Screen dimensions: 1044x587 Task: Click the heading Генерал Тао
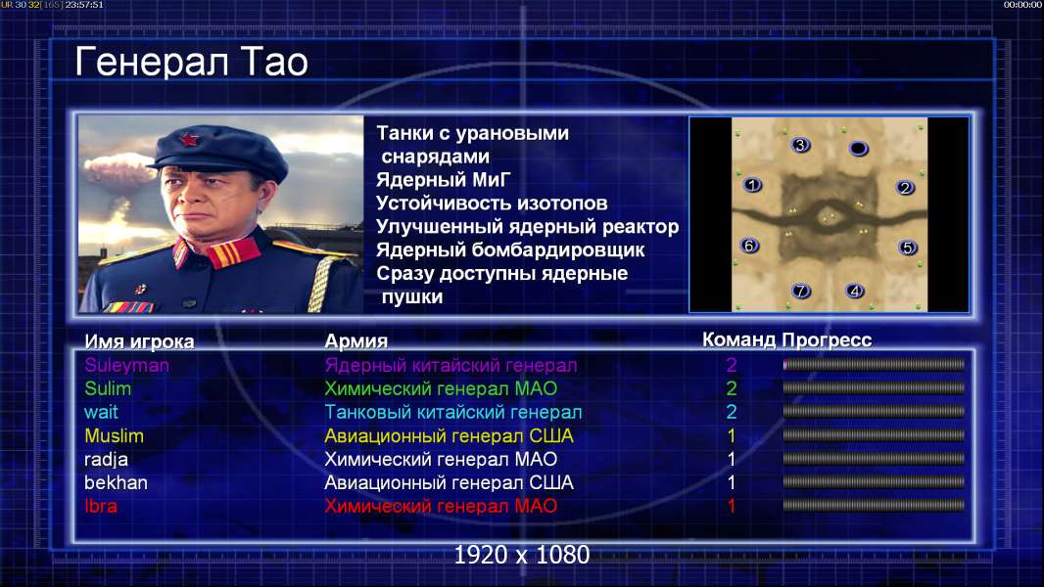point(191,63)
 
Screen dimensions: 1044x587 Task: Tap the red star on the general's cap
point(189,140)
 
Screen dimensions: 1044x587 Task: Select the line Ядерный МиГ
point(444,179)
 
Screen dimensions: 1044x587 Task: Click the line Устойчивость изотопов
point(492,203)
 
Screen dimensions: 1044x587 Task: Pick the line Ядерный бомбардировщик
point(510,249)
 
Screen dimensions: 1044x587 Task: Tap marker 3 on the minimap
point(800,145)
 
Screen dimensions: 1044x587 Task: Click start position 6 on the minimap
point(749,246)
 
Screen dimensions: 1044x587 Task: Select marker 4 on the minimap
point(855,291)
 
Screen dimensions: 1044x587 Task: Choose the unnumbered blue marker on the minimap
point(858,149)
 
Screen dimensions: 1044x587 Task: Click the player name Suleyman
point(126,366)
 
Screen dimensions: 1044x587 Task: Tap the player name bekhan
point(116,482)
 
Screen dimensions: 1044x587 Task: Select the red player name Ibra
point(101,506)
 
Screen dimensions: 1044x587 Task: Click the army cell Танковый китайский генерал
point(452,412)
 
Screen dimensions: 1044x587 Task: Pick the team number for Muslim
point(731,436)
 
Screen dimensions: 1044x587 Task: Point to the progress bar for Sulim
point(874,388)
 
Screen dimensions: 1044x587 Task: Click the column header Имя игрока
point(139,341)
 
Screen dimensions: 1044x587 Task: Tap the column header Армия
point(356,341)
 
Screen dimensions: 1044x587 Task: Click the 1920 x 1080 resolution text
point(521,555)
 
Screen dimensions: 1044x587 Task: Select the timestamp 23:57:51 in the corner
point(84,5)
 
